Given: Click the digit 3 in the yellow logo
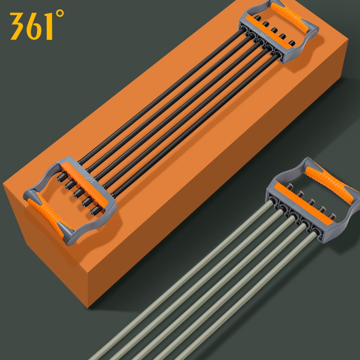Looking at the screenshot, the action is click(x=17, y=26).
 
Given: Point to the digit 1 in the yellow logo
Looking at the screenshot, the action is click(x=49, y=26).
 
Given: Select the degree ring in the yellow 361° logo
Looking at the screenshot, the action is click(x=60, y=13).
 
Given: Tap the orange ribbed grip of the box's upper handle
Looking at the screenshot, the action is click(x=290, y=17).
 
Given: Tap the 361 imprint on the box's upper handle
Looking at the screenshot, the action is click(x=264, y=36).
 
